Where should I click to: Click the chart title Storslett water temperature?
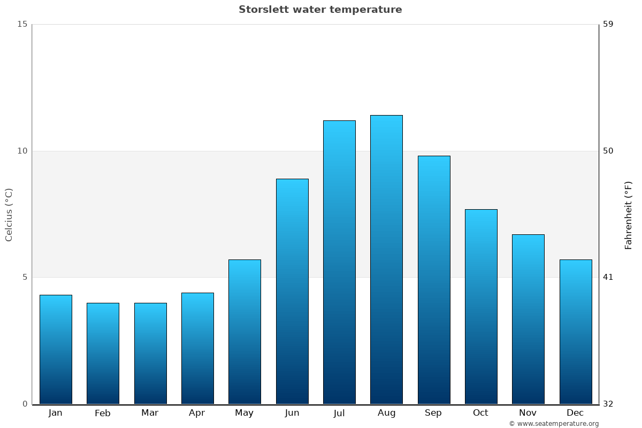320,10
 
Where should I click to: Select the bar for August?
386,259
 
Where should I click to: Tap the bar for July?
339,262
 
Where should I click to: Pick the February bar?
103,353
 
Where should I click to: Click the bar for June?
292,292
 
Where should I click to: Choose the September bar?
434,280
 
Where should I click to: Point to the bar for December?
576,332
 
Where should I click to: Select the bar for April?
197,348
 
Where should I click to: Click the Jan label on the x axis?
55,413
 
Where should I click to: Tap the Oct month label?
480,413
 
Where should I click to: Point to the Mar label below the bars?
150,413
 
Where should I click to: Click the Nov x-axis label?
528,413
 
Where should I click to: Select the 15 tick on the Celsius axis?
22,24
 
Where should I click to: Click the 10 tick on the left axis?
22,151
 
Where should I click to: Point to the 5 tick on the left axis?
24,277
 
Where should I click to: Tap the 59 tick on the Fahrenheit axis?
608,24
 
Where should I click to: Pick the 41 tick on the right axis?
608,277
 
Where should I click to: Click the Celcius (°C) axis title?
9,215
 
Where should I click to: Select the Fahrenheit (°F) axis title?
629,215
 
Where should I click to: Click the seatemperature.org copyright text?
554,424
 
